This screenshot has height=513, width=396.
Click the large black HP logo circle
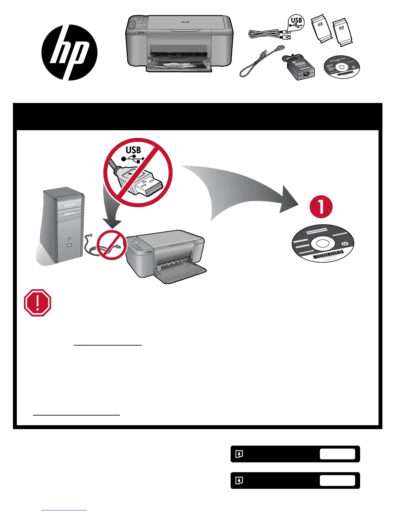(69, 52)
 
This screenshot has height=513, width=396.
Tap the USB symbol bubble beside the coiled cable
(296, 23)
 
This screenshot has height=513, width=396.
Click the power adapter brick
(298, 68)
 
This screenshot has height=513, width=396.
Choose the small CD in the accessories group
(342, 67)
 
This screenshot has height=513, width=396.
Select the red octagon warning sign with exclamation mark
(38, 303)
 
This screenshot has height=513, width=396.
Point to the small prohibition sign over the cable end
(112, 245)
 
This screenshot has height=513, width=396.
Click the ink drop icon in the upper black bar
(239, 454)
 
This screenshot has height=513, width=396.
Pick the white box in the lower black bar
(337, 480)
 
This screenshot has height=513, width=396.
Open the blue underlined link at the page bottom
(64, 510)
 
